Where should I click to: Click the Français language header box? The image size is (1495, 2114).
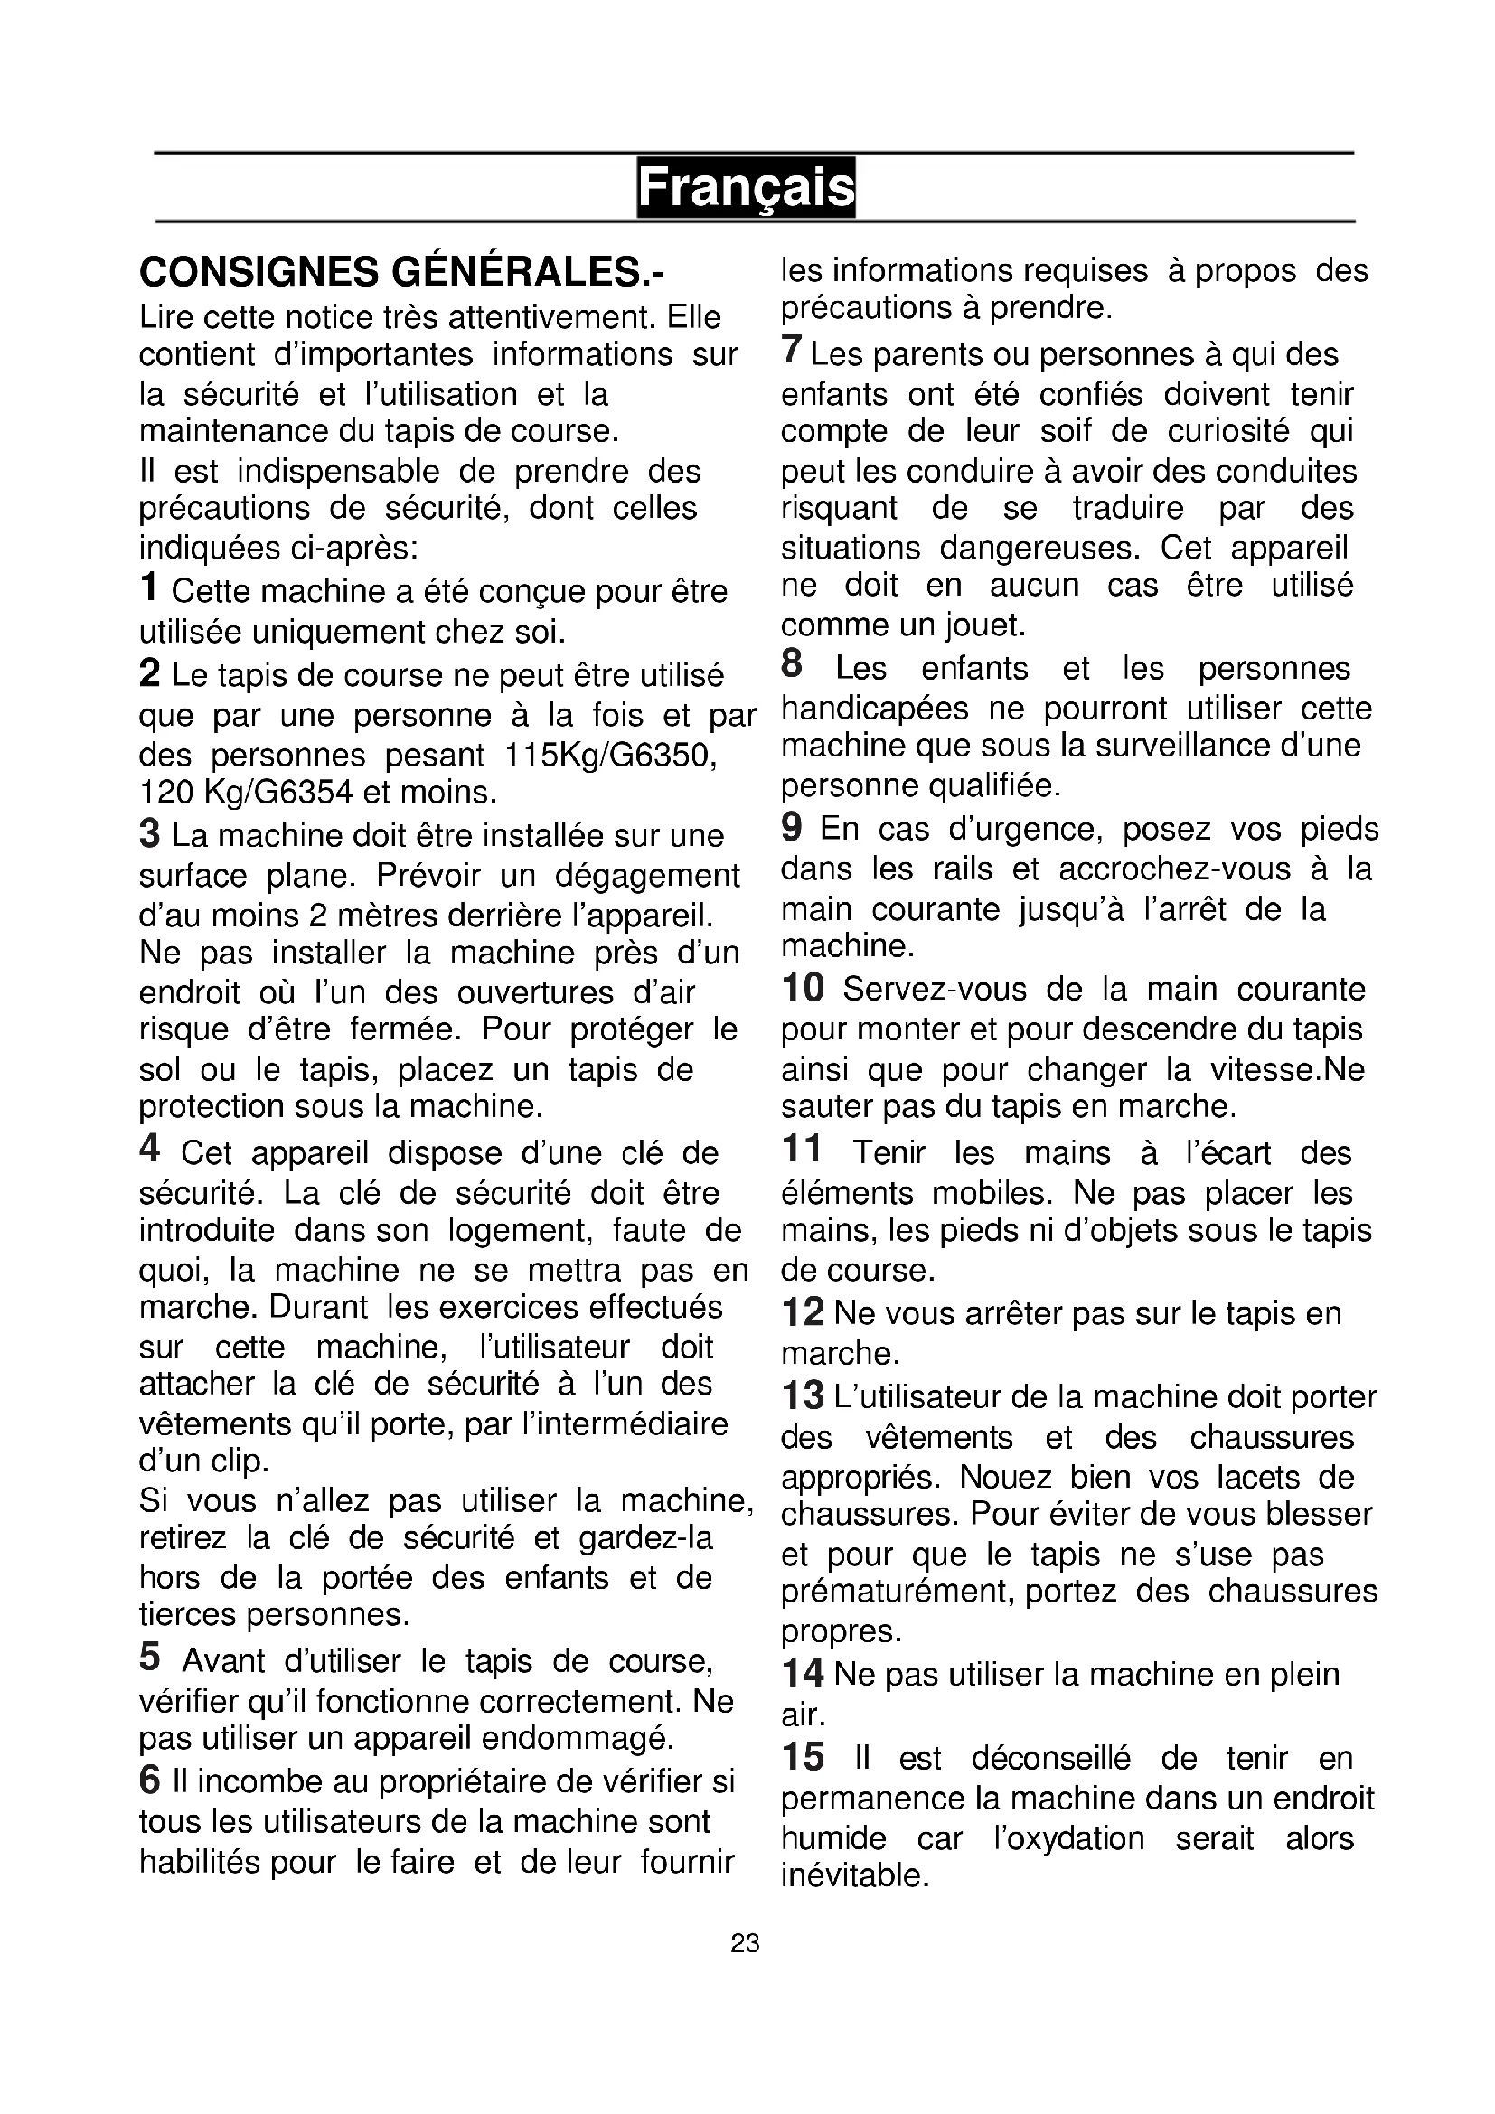coord(746,188)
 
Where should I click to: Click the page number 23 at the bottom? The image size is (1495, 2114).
coord(745,1943)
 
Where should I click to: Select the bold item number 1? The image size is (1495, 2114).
coord(149,587)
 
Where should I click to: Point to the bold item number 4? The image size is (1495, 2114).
coord(150,1149)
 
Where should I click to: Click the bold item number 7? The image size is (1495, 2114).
coord(792,351)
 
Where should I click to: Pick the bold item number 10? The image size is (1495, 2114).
coord(803,988)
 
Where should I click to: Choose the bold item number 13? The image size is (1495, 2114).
coord(803,1395)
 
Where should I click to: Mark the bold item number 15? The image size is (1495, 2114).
coord(803,1757)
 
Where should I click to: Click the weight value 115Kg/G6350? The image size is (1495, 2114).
coord(611,755)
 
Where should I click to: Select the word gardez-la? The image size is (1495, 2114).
coord(645,1537)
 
